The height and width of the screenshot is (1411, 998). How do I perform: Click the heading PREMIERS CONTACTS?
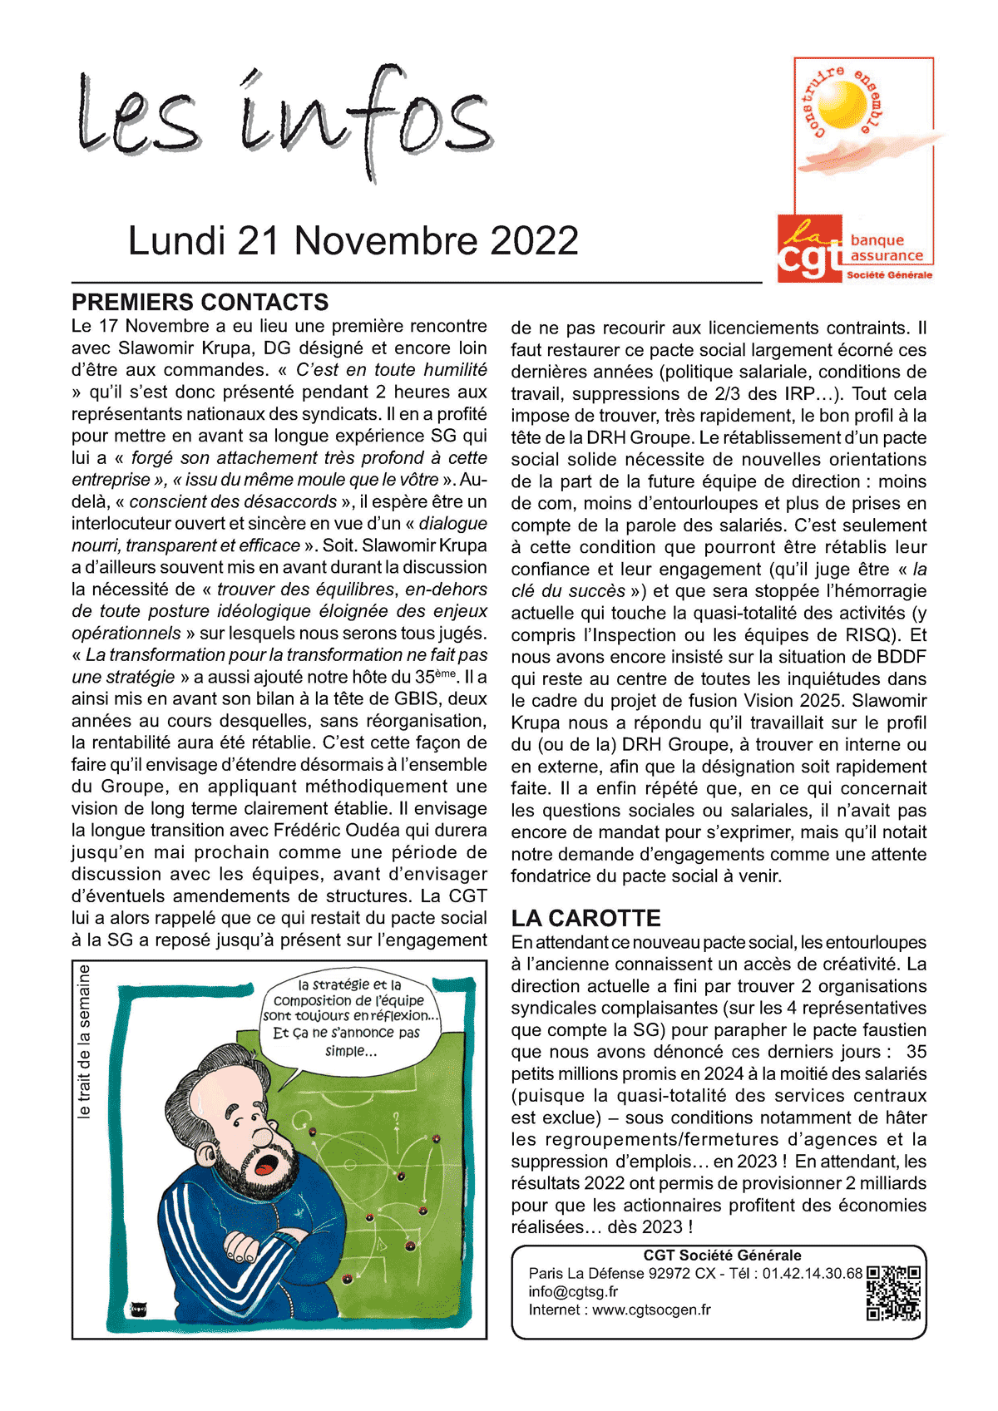pyautogui.click(x=200, y=302)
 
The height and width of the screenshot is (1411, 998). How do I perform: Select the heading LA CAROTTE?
pyautogui.click(x=585, y=918)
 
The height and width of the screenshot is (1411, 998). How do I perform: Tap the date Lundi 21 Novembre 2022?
pyautogui.click(x=353, y=241)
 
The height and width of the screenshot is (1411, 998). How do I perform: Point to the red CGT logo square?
pyautogui.click(x=810, y=249)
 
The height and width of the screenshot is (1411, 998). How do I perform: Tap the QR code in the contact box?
pyautogui.click(x=893, y=1293)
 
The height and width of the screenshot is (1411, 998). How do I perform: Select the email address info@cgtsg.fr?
pyautogui.click(x=573, y=1291)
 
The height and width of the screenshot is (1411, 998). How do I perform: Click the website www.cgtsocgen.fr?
pyautogui.click(x=651, y=1310)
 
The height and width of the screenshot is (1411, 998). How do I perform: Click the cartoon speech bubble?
pyautogui.click(x=350, y=1018)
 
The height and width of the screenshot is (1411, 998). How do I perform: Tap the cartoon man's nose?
pyautogui.click(x=264, y=1135)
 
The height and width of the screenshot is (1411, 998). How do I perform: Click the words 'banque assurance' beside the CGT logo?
pyautogui.click(x=887, y=248)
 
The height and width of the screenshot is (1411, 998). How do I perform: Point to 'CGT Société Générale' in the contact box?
pyautogui.click(x=722, y=1255)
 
